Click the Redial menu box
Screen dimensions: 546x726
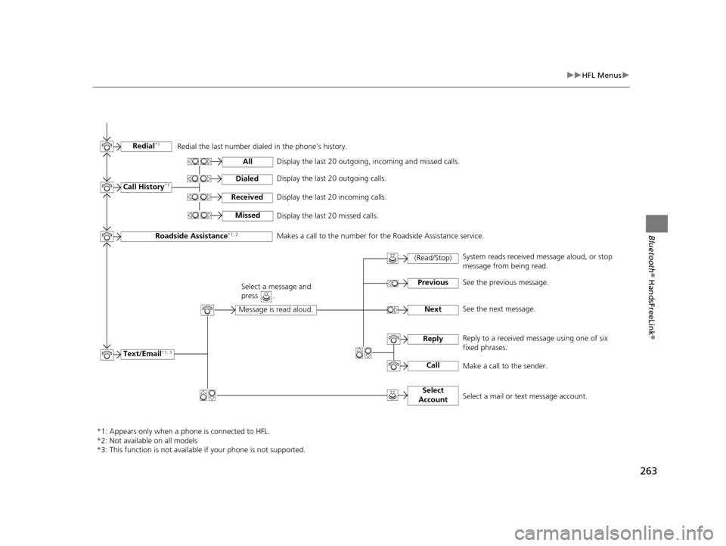145,146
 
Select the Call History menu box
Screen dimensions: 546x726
146,187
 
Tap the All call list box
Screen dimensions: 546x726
247,162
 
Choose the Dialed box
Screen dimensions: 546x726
247,179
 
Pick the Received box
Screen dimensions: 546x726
247,197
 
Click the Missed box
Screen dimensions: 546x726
247,216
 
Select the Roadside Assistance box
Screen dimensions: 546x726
196,236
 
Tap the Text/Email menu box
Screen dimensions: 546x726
146,354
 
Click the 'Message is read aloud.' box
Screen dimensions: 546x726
275,309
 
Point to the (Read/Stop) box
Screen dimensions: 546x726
433,259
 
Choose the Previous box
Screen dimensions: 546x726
433,283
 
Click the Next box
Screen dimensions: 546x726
433,309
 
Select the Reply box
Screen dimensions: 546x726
433,339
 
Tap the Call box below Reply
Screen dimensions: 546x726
433,365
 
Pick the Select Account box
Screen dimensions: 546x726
433,395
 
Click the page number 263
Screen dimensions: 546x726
647,471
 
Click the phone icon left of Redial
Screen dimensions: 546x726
107,147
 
